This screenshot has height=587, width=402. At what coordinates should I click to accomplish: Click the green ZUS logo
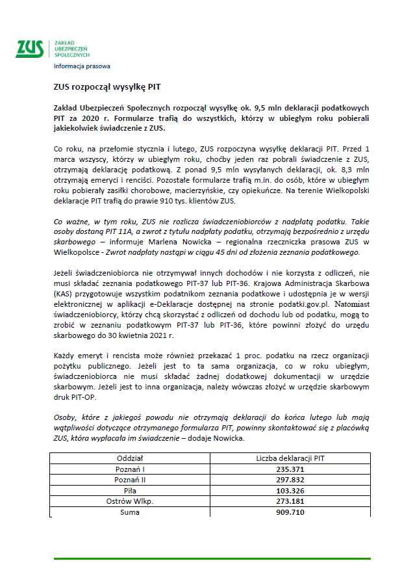click(29, 49)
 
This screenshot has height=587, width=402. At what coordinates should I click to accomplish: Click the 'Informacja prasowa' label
click(82, 66)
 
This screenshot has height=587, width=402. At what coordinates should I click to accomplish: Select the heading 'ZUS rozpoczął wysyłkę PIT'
click(107, 86)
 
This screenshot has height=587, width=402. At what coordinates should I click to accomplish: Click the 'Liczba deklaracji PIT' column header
click(290, 458)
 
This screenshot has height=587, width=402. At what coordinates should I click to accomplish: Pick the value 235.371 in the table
click(290, 469)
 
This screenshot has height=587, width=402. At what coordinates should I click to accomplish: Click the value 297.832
click(290, 480)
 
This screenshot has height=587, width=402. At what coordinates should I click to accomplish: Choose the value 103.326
click(290, 491)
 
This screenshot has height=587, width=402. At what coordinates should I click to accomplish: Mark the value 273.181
click(290, 501)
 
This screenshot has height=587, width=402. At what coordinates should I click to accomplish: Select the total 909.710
click(290, 512)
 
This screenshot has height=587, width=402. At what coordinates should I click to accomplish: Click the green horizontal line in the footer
click(212, 558)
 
